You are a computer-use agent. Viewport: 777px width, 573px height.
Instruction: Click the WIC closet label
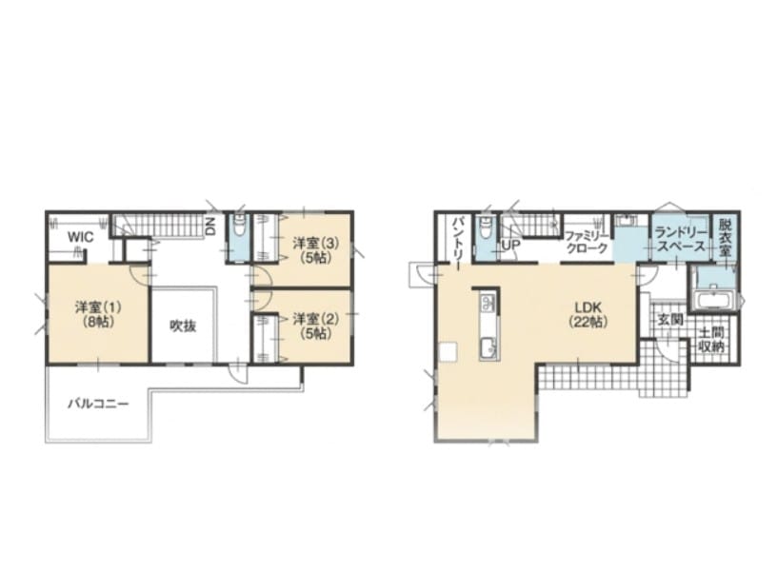coord(80,237)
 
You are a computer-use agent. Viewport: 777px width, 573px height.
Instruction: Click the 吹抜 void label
coord(183,326)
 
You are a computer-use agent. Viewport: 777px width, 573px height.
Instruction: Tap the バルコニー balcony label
coord(98,405)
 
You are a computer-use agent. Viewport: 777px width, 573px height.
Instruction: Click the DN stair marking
coord(210,226)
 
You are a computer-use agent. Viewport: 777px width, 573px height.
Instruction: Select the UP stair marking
coord(511,245)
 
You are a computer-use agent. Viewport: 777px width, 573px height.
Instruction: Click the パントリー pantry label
coord(457,242)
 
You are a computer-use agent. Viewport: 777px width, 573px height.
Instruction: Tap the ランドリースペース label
coord(680,239)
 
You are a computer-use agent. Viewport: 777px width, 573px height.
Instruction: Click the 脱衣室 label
coord(725,239)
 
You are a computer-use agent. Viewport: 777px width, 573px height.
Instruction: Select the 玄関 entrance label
coord(670,320)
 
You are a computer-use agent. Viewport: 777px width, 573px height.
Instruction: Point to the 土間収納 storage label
coord(711,340)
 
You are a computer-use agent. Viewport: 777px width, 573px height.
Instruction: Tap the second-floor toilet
coord(239,227)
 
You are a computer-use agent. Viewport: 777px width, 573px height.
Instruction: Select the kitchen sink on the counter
coord(489,348)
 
